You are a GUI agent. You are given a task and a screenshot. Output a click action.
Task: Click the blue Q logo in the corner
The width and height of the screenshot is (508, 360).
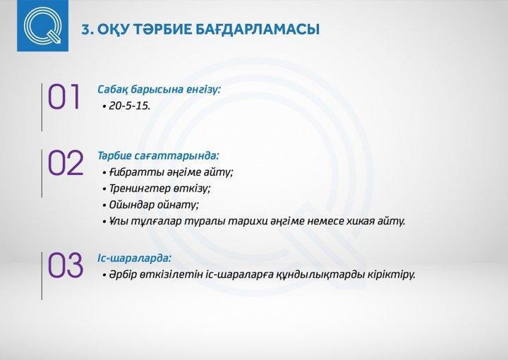[x=43, y=25]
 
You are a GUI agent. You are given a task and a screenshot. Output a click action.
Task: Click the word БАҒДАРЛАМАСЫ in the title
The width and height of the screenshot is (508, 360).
[x=258, y=29]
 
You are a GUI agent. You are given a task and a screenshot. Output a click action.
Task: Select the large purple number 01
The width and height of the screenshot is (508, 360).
[x=64, y=97]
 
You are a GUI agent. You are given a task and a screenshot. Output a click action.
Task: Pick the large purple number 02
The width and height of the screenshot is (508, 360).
[x=66, y=162]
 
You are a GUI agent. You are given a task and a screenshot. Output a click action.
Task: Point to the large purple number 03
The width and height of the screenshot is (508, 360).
[x=66, y=265]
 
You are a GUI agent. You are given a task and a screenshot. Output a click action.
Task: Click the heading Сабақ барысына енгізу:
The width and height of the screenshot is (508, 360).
[x=159, y=90]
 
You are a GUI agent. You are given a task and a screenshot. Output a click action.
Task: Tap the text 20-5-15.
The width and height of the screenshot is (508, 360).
[x=130, y=106]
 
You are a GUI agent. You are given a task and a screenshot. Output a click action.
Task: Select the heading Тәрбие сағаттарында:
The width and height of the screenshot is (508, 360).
[x=159, y=155]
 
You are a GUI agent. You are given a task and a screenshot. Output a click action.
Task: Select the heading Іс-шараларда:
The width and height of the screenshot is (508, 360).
[x=134, y=258]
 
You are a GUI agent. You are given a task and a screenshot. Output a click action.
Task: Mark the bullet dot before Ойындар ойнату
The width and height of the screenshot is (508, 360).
[x=104, y=205]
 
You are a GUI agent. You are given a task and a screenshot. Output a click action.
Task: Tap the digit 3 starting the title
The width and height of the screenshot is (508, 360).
[x=85, y=30]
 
